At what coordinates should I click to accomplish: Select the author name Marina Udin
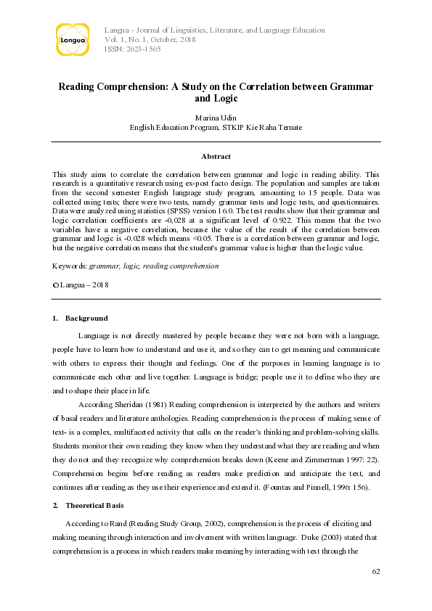tap(216, 117)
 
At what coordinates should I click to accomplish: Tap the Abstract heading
tap(216, 156)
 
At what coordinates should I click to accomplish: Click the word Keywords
tap(69, 266)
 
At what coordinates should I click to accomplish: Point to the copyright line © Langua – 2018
tap(81, 285)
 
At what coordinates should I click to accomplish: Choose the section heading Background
tap(86, 319)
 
